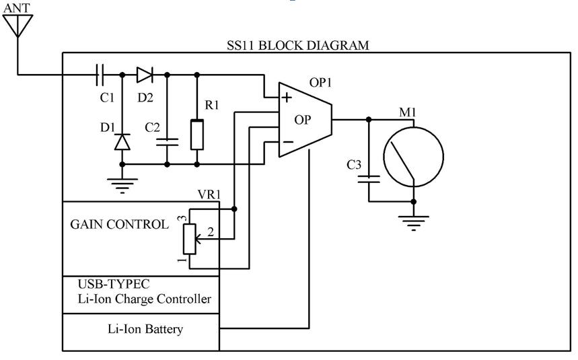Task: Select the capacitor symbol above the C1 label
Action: coord(101,73)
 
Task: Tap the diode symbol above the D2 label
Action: coord(145,73)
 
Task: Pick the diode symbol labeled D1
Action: coord(122,141)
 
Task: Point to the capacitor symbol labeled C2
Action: coord(166,141)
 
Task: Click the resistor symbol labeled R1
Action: coord(196,135)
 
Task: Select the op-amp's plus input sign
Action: coord(287,98)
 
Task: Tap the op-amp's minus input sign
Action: coord(287,142)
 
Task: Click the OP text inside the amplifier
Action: coord(303,120)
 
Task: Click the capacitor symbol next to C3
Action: coord(369,180)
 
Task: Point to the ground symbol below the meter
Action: coord(413,220)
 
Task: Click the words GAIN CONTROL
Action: coord(120,225)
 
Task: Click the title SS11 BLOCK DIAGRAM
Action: coord(297,46)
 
